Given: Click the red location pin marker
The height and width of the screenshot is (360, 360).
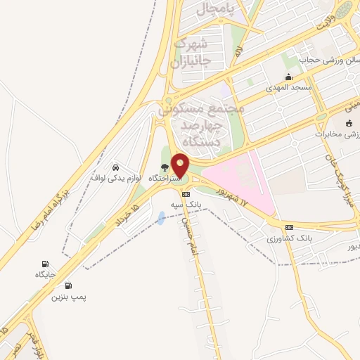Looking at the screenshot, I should [181, 165].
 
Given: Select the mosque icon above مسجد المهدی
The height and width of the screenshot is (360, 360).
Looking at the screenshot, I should [288, 77].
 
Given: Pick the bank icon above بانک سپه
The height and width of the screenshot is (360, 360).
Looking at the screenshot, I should [186, 194].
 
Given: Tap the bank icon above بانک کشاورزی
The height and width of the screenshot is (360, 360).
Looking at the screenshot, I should [288, 227].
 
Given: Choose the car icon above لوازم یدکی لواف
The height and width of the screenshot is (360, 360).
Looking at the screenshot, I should [115, 167].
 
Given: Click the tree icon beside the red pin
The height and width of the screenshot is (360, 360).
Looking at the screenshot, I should [165, 167].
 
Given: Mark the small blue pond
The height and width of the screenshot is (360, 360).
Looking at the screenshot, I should [162, 218].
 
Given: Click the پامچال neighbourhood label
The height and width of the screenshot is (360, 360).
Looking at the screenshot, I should [212, 8].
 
